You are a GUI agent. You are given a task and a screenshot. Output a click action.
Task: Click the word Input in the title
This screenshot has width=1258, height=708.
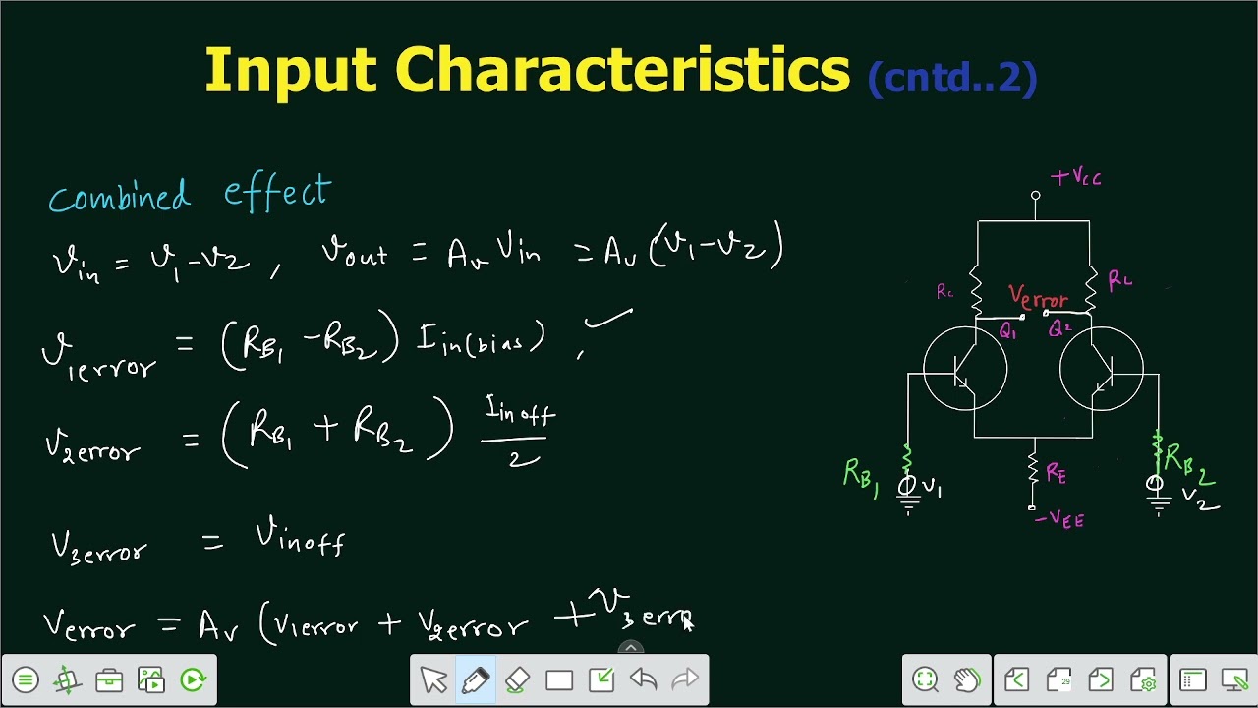coord(290,72)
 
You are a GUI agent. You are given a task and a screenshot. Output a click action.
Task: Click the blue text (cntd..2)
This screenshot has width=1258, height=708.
coord(951,78)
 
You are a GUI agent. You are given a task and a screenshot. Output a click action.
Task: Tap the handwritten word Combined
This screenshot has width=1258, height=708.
coord(119,196)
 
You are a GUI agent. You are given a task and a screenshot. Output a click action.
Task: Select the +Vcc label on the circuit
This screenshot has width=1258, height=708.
coord(1076,178)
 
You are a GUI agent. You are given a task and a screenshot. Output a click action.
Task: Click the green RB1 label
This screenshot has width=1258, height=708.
coord(860,476)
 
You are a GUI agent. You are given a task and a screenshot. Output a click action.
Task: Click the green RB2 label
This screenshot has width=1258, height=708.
coord(1189,461)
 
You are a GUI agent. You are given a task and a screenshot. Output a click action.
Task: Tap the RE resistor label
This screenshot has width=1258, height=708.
coord(1056,474)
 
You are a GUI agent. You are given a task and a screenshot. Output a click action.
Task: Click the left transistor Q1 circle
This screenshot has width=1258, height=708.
coord(965,370)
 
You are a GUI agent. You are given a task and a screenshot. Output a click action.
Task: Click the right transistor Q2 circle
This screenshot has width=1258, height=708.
coord(1101,370)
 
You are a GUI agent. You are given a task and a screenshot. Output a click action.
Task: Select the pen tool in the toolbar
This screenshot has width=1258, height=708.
coord(476,679)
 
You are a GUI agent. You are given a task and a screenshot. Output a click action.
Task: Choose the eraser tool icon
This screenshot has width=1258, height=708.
coord(517,679)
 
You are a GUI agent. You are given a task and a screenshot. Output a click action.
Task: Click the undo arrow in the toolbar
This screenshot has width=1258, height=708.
coord(643,679)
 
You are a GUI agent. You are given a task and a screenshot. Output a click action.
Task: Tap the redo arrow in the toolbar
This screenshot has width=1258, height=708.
coord(684,679)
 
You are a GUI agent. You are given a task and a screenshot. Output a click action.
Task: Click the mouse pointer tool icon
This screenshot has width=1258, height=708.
coord(433,679)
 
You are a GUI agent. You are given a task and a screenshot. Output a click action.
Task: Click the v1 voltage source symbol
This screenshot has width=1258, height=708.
coord(907,485)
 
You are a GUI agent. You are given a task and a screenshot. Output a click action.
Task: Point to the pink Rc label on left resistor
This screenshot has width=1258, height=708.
coord(944,292)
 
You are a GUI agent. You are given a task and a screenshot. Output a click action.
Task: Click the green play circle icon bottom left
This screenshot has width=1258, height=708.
coord(193,679)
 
